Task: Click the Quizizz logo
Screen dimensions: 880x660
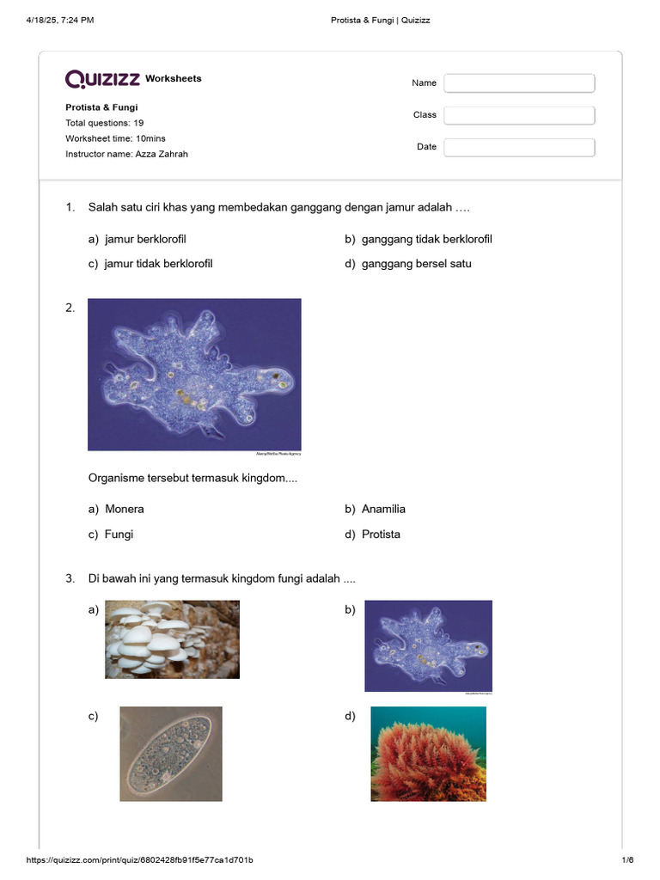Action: click(x=103, y=79)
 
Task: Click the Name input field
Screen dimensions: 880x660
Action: click(x=519, y=83)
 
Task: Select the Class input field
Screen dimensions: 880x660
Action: click(x=519, y=115)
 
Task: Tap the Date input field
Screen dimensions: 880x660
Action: click(x=519, y=147)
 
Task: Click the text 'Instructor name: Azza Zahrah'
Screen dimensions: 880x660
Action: click(x=126, y=154)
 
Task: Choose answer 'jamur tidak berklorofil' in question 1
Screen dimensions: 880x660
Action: click(x=158, y=264)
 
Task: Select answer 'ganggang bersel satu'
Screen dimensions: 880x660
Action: click(x=416, y=264)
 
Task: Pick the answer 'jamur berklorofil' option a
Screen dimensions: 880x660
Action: click(x=145, y=239)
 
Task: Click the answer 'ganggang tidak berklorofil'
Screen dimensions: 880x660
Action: click(x=426, y=239)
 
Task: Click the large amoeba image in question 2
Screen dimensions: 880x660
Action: click(x=194, y=375)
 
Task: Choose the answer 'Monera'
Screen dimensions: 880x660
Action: click(x=124, y=509)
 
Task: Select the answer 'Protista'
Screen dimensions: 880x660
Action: click(x=381, y=535)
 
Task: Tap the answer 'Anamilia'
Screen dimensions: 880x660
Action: click(x=383, y=509)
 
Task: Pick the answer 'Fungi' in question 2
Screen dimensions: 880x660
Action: click(x=119, y=535)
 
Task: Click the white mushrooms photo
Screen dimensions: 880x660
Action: click(x=172, y=639)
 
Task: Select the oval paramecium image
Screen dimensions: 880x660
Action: click(x=171, y=754)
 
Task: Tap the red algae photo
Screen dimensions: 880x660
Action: click(x=428, y=754)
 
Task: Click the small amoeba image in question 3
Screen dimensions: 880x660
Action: click(x=428, y=645)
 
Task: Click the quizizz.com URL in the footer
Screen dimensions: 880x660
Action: click(x=139, y=860)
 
